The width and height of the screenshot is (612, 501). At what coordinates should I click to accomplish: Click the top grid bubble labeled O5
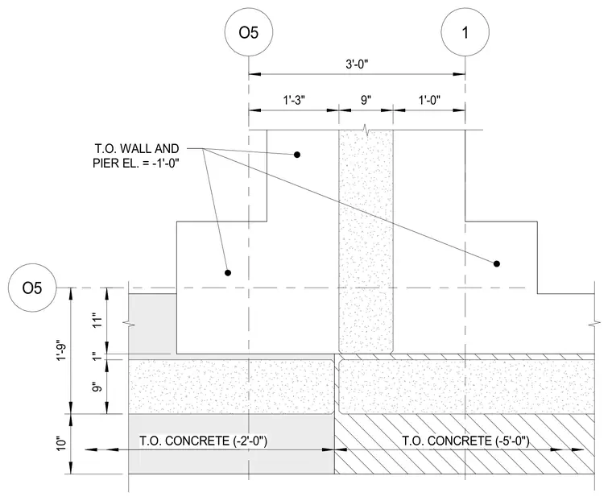point(249,31)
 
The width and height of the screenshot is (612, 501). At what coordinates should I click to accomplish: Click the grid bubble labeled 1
point(465,31)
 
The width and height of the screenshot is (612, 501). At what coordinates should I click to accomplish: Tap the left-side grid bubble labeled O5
point(32,288)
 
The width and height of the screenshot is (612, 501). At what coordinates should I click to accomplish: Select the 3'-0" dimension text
point(357,64)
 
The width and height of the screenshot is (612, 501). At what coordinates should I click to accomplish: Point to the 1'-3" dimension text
point(293,101)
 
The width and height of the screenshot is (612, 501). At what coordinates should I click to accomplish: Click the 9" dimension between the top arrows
point(366,101)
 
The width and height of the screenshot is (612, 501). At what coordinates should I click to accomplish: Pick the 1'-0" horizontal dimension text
point(429,101)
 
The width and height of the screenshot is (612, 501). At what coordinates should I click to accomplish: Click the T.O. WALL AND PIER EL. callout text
point(136,155)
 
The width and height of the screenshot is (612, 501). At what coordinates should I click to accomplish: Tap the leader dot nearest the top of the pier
point(297,155)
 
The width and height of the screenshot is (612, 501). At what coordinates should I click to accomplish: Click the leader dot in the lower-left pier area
point(228,272)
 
